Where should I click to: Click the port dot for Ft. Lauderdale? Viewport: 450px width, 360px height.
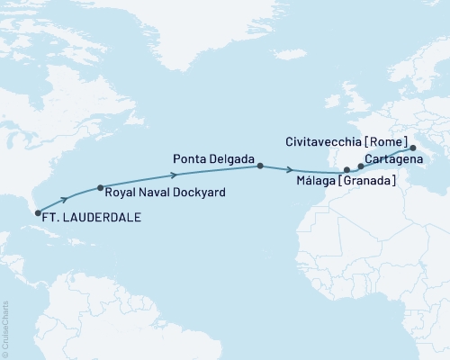[x=37, y=213]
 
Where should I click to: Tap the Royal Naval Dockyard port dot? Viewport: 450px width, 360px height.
[x=100, y=188]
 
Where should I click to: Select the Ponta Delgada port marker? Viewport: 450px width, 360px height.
[x=260, y=166]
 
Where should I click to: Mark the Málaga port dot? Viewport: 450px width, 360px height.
[x=347, y=169]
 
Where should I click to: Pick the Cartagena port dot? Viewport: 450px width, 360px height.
[x=361, y=166]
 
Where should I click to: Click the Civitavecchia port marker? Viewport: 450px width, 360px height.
[x=413, y=148]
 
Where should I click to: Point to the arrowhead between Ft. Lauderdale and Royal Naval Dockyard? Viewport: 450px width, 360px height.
[x=65, y=199]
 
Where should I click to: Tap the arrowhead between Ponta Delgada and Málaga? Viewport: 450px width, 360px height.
[x=290, y=169]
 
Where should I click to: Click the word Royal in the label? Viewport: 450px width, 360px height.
[x=121, y=193]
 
